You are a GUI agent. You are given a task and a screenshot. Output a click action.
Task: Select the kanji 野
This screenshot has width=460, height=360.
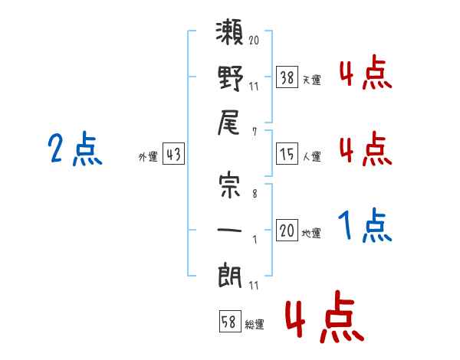(230, 78)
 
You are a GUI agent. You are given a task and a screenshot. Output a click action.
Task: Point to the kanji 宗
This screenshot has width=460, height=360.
(230, 187)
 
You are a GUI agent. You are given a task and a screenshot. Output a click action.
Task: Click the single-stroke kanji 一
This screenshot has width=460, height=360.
(230, 230)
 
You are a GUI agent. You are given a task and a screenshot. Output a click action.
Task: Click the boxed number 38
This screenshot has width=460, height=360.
(287, 77)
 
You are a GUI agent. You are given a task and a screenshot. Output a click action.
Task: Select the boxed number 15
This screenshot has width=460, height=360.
(287, 155)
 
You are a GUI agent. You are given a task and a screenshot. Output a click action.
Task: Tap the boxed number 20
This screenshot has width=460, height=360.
(287, 231)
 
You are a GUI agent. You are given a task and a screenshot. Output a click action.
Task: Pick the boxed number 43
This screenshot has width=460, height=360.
(172, 154)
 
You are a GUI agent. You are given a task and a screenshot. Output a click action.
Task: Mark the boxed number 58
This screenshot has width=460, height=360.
(229, 322)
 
